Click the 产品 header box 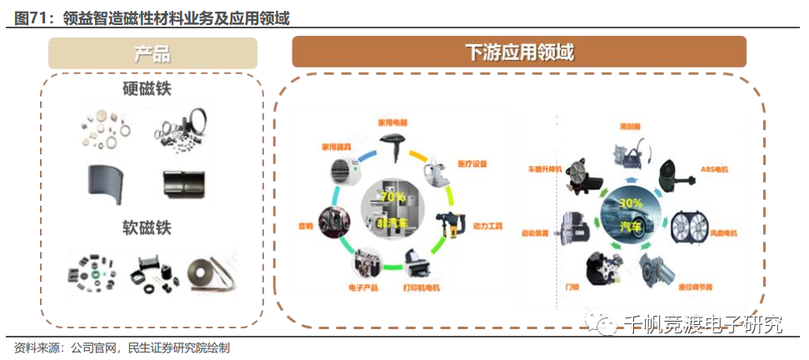pos(152,54)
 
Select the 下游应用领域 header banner pos(518,52)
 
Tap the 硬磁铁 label pos(152,87)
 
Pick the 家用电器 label pos(392,122)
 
